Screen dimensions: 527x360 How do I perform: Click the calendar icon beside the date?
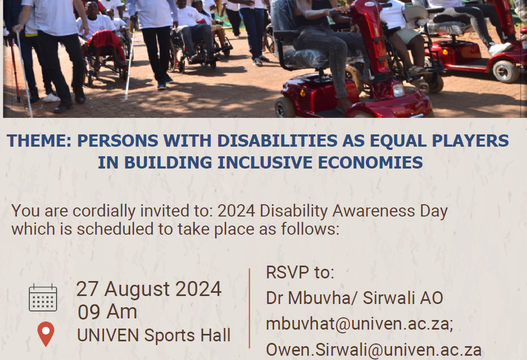[x=43, y=298]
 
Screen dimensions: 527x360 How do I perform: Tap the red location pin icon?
[x=46, y=334]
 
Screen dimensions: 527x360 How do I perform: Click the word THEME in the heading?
[x=39, y=140]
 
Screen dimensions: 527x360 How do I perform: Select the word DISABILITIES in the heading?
[x=277, y=140]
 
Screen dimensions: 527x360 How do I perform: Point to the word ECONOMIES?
[x=370, y=162]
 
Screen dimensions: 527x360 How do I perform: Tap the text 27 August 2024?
[x=149, y=289]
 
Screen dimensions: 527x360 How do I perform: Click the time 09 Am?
[x=107, y=311]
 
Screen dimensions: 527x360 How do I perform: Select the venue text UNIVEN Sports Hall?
[x=154, y=335]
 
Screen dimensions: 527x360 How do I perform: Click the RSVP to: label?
[x=300, y=272]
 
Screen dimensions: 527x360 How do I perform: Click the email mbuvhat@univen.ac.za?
[x=360, y=324]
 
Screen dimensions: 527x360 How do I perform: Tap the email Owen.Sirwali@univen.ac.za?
[x=374, y=349]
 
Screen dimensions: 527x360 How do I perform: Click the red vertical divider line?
[x=250, y=308]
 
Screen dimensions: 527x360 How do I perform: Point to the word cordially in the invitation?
[x=104, y=211]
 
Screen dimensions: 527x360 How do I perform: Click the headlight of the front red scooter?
[x=398, y=90]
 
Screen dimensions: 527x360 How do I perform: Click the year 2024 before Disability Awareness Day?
[x=237, y=211]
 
